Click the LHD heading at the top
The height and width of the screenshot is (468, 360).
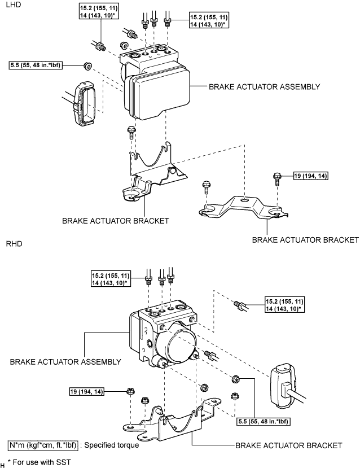(x=14, y=5)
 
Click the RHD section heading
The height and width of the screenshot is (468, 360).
(x=14, y=244)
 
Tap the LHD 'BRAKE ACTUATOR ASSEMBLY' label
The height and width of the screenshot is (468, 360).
(x=264, y=87)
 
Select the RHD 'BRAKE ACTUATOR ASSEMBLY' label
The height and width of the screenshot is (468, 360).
(x=65, y=362)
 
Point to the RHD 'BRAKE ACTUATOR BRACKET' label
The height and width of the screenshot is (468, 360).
(x=289, y=445)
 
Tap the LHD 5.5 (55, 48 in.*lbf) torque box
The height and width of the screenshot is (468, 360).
(x=36, y=65)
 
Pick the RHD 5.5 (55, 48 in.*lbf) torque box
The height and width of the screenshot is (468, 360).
(x=264, y=422)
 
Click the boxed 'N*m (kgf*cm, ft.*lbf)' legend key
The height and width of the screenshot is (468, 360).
(x=43, y=445)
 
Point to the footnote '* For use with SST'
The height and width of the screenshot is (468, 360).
(x=39, y=462)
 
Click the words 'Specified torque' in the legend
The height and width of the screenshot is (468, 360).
(x=112, y=445)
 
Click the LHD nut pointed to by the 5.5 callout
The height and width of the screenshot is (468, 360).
(x=88, y=66)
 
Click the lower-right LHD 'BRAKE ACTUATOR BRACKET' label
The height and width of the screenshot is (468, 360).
(x=305, y=240)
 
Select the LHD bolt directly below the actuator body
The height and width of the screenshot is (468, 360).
(x=131, y=132)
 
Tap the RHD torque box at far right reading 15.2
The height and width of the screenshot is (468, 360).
(x=284, y=305)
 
